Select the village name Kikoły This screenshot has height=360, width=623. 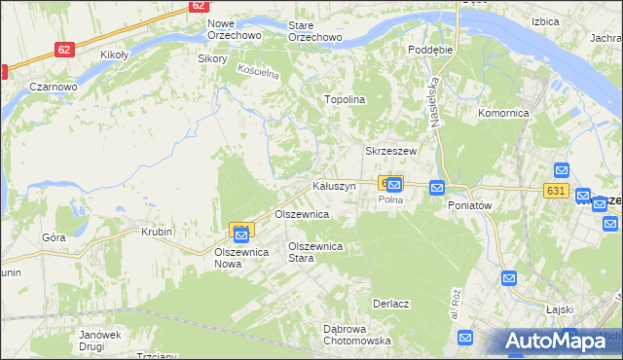pyautogui.click(x=115, y=55)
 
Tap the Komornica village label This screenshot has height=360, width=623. pyautogui.click(x=502, y=113)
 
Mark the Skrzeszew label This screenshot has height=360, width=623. pyautogui.click(x=390, y=152)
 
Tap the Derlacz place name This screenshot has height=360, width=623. pyautogui.click(x=390, y=290)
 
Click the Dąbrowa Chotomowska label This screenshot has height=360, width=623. pyautogui.click(x=356, y=335)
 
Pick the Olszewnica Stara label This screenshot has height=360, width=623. pyautogui.click(x=314, y=252)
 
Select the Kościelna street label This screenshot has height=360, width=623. pyautogui.click(x=259, y=73)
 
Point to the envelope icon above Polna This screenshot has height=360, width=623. pyautogui.click(x=394, y=183)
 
